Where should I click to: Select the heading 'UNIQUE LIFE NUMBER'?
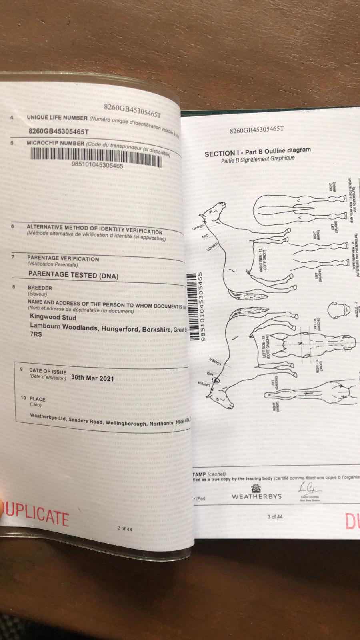click(57, 118)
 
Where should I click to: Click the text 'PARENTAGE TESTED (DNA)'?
click(73, 275)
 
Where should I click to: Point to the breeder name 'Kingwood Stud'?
click(53, 317)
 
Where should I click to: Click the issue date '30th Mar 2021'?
click(92, 378)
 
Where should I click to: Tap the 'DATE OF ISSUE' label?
click(48, 371)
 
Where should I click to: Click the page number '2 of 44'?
click(124, 528)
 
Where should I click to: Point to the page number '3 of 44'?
click(275, 517)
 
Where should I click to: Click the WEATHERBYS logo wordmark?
click(256, 496)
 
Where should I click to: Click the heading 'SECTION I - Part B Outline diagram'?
click(257, 152)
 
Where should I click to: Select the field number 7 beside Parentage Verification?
click(13, 257)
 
